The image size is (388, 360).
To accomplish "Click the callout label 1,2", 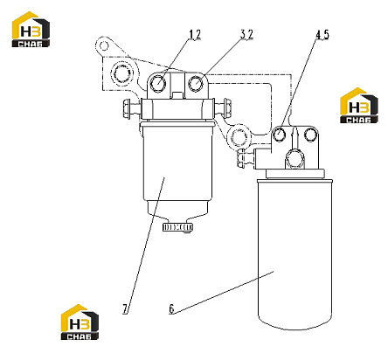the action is [195, 35].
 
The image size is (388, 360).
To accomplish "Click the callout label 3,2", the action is [246, 35].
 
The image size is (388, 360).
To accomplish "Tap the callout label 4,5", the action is [322, 35].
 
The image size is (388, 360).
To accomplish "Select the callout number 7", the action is [125, 308].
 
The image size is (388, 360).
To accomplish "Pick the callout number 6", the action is [171, 308].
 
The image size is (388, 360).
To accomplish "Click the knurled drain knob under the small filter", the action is [177, 227].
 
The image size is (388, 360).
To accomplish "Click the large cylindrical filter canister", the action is [295, 254].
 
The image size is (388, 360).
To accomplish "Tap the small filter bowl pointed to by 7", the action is [177, 169].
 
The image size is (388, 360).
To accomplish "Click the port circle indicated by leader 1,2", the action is [158, 83].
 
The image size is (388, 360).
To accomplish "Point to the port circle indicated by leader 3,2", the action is [196, 83].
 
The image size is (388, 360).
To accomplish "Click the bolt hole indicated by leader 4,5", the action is [280, 135].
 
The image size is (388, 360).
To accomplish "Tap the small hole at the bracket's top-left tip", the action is [104, 45].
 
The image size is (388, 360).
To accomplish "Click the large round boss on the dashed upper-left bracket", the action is [121, 73].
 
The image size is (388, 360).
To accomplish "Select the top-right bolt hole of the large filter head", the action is [309, 135].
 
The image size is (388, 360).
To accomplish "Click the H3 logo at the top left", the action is [31, 30].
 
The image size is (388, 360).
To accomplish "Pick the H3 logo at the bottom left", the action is [80, 322].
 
